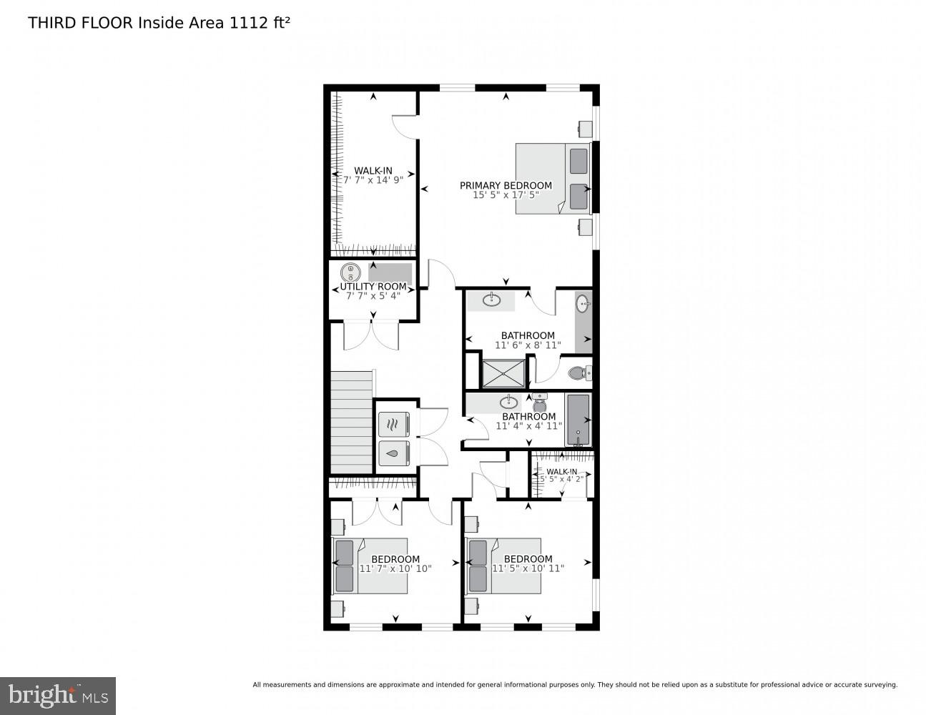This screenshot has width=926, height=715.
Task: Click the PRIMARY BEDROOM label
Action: click(506, 186)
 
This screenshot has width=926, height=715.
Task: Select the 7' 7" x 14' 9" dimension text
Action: click(373, 180)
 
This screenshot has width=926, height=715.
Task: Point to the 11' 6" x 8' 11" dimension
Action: click(528, 345)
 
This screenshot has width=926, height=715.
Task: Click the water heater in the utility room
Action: click(350, 272)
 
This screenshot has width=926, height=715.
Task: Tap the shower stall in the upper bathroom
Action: click(504, 373)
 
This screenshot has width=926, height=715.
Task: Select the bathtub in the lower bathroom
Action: click(578, 420)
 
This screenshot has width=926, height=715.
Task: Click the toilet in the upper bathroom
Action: click(578, 373)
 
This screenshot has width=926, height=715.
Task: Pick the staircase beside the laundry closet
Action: click(352, 422)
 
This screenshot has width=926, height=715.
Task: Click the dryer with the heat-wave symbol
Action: click(393, 425)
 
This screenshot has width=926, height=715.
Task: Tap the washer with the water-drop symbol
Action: click(393, 453)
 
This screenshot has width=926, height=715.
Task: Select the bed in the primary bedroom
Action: click(552, 178)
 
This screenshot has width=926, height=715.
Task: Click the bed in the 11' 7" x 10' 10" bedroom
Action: click(370, 566)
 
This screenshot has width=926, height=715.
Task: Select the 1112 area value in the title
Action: click(247, 23)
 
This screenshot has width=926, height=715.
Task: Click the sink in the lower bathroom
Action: click(509, 402)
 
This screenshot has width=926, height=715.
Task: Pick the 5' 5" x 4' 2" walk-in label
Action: click(562, 475)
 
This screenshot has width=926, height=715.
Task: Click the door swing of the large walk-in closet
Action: click(404, 127)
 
